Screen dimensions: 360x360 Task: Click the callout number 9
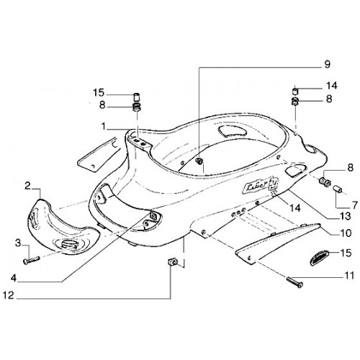point(327,64)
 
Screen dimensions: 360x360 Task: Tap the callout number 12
point(9,295)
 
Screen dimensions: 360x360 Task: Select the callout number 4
point(14,279)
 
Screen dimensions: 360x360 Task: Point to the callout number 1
point(104,127)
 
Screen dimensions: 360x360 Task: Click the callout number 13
point(345,217)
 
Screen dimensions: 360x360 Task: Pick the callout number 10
point(346,233)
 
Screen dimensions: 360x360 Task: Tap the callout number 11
point(348,275)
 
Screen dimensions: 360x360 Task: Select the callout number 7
point(355,205)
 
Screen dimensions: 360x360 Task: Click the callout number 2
point(28,186)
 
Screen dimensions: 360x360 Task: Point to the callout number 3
point(18,243)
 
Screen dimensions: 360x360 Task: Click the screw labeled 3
point(32,260)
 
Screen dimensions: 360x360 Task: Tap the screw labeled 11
point(295,282)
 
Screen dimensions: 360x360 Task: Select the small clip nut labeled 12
point(172,261)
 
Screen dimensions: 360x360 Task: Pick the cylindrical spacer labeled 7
point(338,188)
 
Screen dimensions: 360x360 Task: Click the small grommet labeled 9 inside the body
point(199,161)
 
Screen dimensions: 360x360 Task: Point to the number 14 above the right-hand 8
point(332,86)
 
